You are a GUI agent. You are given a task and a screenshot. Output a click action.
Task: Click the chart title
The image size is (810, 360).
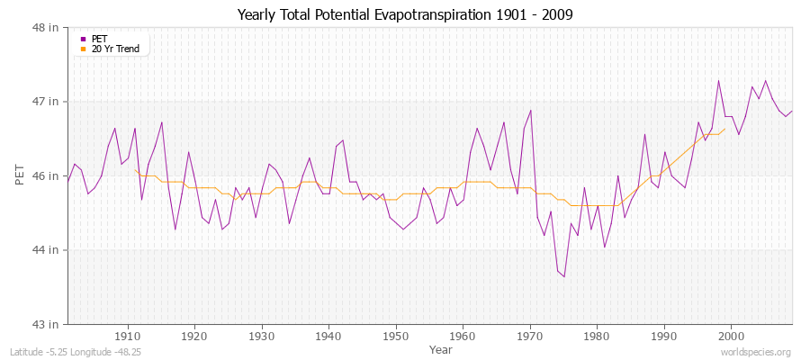(404, 14)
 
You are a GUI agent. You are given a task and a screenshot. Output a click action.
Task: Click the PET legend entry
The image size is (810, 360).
(100, 39)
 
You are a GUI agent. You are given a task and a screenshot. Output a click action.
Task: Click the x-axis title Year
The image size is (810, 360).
(441, 349)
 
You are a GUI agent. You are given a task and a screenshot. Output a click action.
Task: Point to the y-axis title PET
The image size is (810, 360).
(20, 175)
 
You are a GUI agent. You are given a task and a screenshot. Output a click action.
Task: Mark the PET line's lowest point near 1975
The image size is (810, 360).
(564, 276)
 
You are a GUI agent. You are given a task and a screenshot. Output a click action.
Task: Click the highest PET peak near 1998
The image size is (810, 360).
(718, 81)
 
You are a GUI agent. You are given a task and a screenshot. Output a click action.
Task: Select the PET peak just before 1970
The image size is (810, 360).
(530, 111)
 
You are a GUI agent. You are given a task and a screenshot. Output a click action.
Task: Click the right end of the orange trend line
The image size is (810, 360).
(724, 129)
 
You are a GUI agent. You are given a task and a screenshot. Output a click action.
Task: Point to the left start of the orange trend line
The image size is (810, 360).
(135, 169)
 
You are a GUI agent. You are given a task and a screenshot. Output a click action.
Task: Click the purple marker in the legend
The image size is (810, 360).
(83, 39)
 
